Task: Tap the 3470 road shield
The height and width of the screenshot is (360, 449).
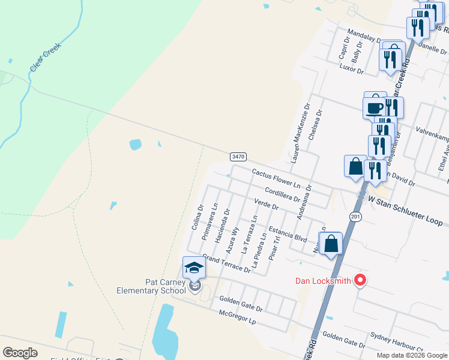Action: click(238, 157)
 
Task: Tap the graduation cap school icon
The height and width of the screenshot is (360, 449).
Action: click(194, 268)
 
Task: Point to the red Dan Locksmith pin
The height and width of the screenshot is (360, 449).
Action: click(360, 280)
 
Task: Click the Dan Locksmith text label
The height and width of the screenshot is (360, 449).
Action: click(323, 281)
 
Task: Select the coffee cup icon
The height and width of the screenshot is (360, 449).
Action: click(375, 107)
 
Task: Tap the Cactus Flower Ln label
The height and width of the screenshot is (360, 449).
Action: click(276, 176)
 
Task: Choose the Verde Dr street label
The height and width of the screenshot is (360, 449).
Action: click(267, 203)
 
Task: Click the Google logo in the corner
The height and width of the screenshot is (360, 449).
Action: click(20, 353)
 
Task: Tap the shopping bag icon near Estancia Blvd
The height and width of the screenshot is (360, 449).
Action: click(331, 244)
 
